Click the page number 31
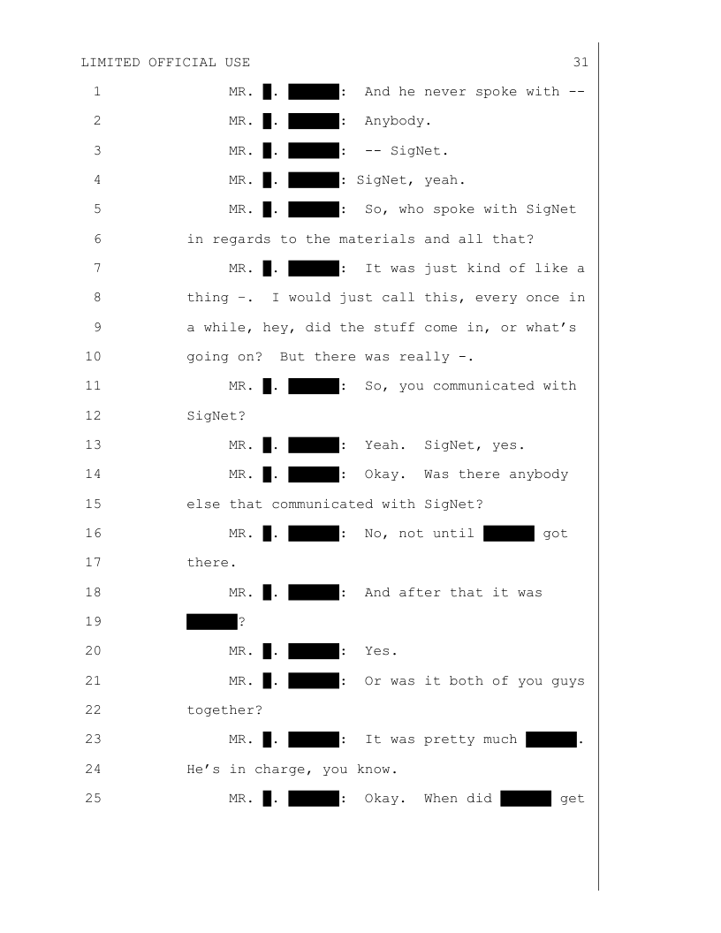581,62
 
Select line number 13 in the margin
96,444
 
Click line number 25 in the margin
96,799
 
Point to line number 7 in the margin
96,268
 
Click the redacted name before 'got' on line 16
509,534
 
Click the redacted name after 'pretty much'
550,740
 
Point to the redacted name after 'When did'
526,799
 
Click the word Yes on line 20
381,651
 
